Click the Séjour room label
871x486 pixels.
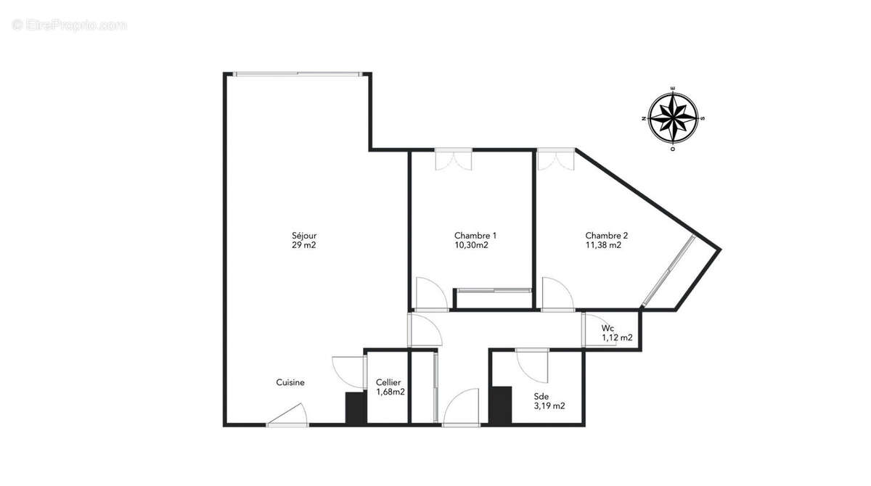(x=304, y=236)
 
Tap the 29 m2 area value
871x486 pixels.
(x=303, y=245)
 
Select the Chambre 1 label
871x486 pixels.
(x=475, y=236)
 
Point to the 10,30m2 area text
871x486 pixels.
(x=471, y=245)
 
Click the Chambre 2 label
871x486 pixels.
(x=606, y=236)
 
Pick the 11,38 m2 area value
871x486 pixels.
(x=603, y=245)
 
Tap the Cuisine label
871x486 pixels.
(x=290, y=382)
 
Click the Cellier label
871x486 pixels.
(x=388, y=382)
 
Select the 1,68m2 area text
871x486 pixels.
(x=390, y=392)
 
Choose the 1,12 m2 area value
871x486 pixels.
(x=617, y=337)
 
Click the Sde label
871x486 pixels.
(x=541, y=396)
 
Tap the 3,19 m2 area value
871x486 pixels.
(x=549, y=406)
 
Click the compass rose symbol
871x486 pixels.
(x=673, y=118)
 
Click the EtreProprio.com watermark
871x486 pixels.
(x=69, y=25)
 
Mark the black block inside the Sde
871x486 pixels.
(x=501, y=405)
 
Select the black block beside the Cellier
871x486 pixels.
(x=356, y=408)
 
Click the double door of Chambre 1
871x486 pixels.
(x=454, y=160)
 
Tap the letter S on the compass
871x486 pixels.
(x=703, y=118)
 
